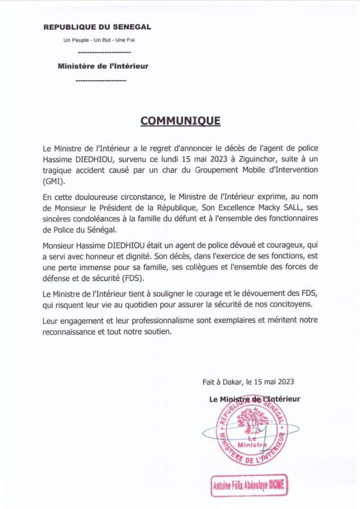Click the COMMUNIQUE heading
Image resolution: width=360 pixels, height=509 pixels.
180,121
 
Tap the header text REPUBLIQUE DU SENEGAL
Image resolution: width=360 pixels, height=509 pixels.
97,27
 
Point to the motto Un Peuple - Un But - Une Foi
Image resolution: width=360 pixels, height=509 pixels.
98,40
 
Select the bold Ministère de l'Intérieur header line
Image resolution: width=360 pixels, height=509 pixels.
103,65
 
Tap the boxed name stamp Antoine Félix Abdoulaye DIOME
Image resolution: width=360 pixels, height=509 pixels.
249,485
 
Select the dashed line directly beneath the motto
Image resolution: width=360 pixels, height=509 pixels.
104,52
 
